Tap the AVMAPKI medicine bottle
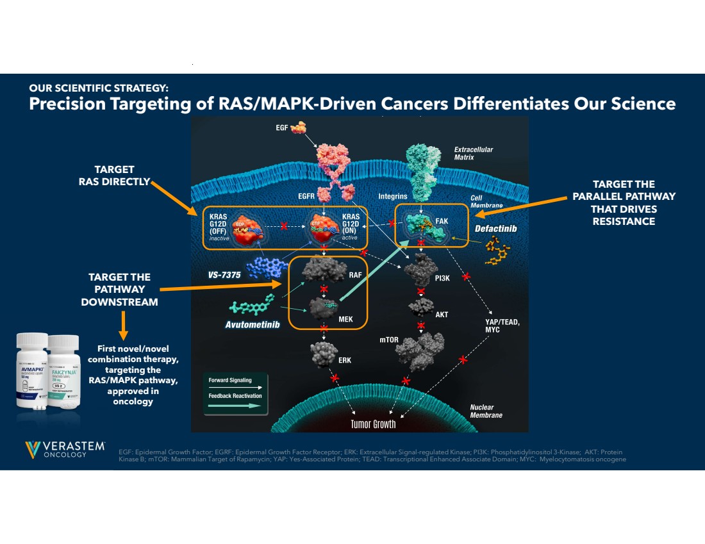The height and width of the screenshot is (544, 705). click(32, 371)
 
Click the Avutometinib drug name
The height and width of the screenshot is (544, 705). click(253, 324)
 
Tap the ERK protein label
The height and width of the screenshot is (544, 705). click(345, 360)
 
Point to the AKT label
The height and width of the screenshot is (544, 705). click(442, 315)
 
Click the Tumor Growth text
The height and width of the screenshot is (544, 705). click(373, 424)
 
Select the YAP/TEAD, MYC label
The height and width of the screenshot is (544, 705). click(502, 326)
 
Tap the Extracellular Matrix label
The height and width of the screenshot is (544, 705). click(474, 153)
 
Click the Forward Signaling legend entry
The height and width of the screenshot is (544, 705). click(230, 380)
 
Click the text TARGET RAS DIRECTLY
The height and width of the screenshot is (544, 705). click(114, 175)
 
